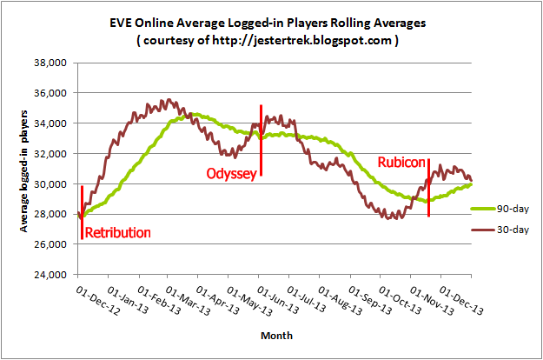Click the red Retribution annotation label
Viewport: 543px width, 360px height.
(117, 232)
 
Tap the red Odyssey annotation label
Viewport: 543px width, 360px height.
(230, 174)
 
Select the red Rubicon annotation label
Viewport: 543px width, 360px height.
(401, 163)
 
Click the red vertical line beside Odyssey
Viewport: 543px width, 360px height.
(261, 139)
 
